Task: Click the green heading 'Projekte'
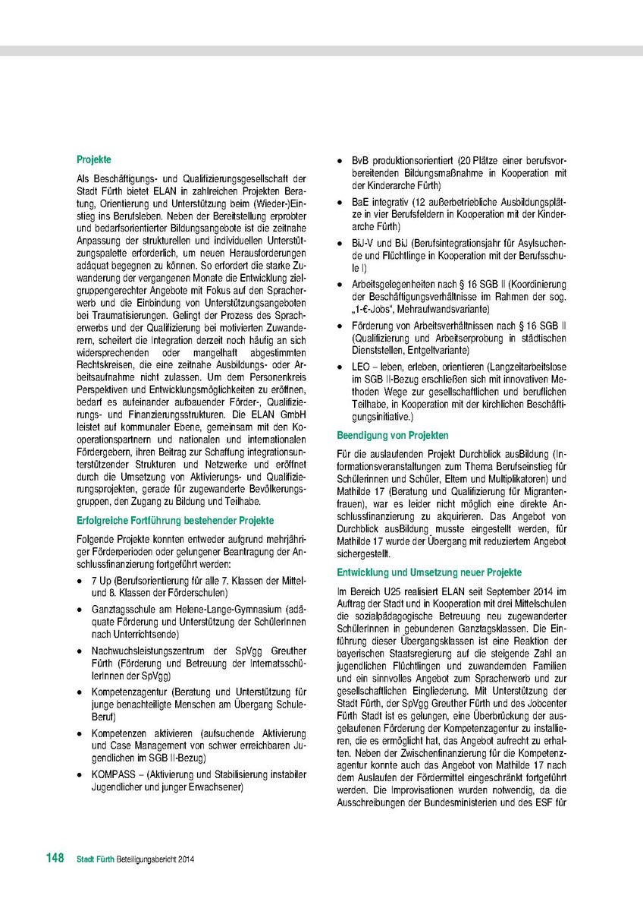click(94, 160)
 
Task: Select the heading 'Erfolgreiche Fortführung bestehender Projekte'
click(175, 521)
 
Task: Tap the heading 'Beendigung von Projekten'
click(393, 436)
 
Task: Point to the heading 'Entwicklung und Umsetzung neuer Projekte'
click(429, 572)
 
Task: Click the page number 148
click(54, 858)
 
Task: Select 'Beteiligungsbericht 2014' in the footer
click(162, 859)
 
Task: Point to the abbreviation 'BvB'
click(360, 161)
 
